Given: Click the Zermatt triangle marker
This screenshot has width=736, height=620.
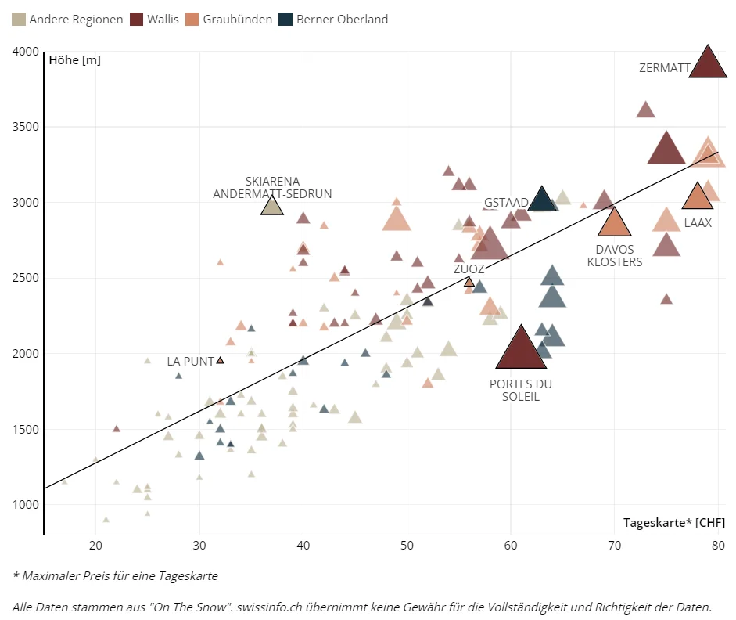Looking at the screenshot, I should (x=708, y=64).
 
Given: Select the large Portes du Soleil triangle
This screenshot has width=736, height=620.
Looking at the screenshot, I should (x=521, y=351).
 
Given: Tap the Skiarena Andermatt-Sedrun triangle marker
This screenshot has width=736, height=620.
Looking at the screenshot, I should (x=271, y=207).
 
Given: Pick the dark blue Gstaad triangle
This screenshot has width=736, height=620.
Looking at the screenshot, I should (x=541, y=200).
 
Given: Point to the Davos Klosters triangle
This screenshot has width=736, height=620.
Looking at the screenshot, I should (x=614, y=224).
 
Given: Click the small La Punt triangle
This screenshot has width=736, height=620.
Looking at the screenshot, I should (x=221, y=360).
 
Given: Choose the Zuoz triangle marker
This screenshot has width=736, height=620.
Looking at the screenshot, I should (x=469, y=282).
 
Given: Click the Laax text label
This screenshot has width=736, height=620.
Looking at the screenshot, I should (x=698, y=222).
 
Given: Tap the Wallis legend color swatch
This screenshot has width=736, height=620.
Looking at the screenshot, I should (x=136, y=20).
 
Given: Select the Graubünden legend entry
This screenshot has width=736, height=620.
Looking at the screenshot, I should (x=237, y=20).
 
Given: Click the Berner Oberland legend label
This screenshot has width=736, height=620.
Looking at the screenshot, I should (x=342, y=20).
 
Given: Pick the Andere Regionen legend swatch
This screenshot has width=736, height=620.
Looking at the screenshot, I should (x=18, y=20).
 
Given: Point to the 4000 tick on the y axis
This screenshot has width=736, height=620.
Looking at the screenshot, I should (x=25, y=52).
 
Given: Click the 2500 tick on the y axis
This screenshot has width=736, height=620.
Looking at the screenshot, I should (x=25, y=278).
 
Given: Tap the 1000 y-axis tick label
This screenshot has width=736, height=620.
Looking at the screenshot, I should (x=25, y=505).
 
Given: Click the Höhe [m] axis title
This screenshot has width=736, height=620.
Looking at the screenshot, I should (x=74, y=59).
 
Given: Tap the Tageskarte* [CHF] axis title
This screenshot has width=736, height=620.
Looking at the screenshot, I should (x=673, y=522).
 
